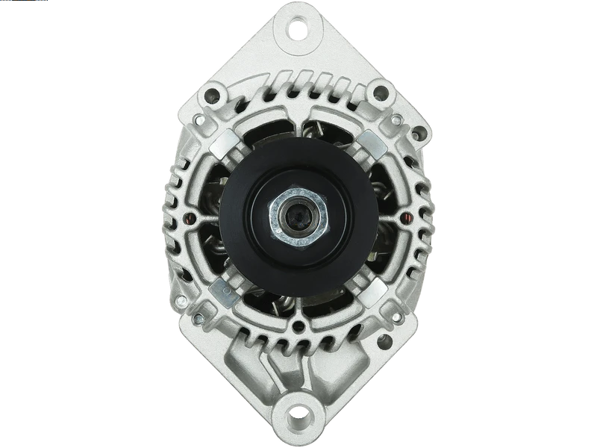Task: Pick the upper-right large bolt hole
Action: [380, 93]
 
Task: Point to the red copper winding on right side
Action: [405, 218]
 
